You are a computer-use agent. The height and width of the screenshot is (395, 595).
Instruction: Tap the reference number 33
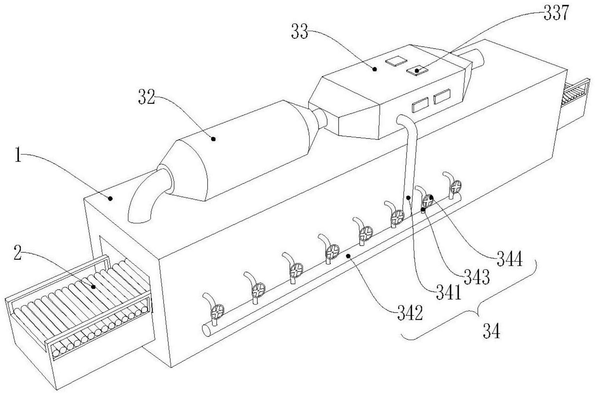coord(300,32)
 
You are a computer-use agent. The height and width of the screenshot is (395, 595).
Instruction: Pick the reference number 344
coord(510,259)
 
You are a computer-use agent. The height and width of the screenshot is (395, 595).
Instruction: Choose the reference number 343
coord(476,277)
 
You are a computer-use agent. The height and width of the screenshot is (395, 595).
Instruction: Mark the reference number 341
coord(449,292)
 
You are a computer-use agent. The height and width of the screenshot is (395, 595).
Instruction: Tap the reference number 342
coord(410,313)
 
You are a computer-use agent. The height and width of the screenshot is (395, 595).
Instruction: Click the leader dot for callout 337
coord(417,70)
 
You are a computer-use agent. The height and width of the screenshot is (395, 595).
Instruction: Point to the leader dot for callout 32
coord(213,139)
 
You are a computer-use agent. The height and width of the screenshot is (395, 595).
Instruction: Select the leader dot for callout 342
coord(349,255)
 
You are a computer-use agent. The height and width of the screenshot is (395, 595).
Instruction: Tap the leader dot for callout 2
coord(93,287)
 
